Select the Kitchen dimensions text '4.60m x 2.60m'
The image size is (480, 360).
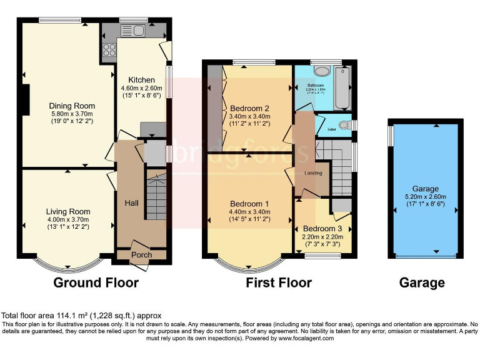click(x=142, y=89)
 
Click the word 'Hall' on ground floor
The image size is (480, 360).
click(x=131, y=203)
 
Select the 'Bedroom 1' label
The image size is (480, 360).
click(x=249, y=204)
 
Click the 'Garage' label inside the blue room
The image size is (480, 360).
click(x=425, y=189)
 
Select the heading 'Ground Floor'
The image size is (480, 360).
click(x=96, y=282)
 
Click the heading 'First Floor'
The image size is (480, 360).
click(x=279, y=282)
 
